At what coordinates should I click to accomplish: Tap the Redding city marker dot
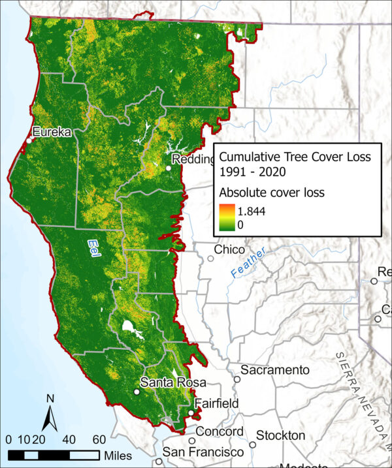point(169,168)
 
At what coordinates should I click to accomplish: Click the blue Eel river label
point(95,245)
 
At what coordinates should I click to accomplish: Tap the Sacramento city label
point(275,370)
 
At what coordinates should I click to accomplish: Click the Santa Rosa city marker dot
point(137,392)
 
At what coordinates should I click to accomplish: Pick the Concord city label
point(221,432)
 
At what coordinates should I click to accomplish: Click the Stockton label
point(280,435)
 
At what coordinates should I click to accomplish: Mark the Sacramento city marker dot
point(237,377)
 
